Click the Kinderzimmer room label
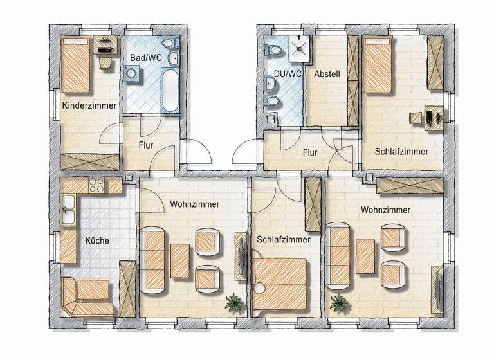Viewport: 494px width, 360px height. click(89, 105)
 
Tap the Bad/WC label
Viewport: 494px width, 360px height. click(145, 59)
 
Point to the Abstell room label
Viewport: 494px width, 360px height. click(326, 74)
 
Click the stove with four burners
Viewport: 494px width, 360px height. click(96, 186)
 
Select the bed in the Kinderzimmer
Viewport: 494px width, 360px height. click(76, 64)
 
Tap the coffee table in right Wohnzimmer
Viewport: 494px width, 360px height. click(365, 256)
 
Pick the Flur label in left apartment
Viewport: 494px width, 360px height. click(146, 145)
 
